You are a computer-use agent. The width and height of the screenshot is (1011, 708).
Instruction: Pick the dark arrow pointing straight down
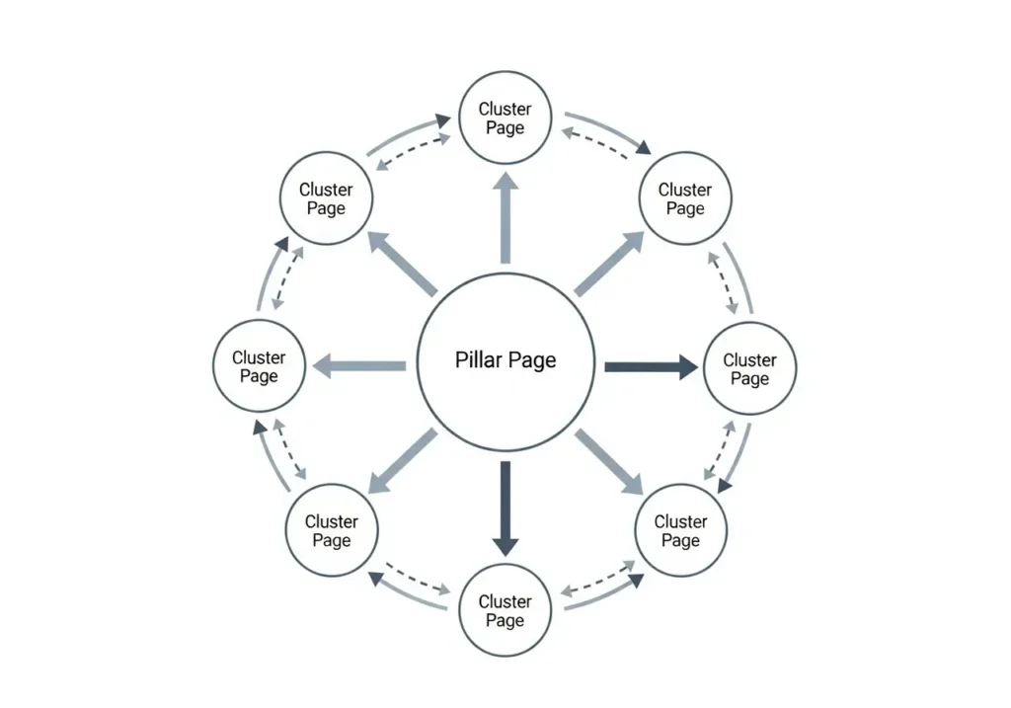(505, 509)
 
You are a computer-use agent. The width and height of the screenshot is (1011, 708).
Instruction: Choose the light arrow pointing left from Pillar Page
(359, 366)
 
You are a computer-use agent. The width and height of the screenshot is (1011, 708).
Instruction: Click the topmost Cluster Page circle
(505, 118)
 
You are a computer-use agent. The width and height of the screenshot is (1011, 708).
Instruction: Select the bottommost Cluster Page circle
(505, 610)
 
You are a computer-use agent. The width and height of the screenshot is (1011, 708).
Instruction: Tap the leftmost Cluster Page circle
(259, 366)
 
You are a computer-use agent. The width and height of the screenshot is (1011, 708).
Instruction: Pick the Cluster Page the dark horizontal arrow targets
(749, 368)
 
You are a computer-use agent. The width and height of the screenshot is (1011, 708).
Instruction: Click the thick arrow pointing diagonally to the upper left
(402, 264)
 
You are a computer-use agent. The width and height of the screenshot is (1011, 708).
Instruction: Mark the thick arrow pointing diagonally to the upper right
(609, 264)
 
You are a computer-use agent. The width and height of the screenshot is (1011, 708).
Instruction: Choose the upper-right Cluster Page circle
(685, 198)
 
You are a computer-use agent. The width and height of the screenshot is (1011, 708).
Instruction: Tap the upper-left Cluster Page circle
(326, 198)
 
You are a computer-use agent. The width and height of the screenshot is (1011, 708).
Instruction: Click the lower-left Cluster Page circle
(332, 530)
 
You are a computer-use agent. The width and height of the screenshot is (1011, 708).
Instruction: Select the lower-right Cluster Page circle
(680, 530)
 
